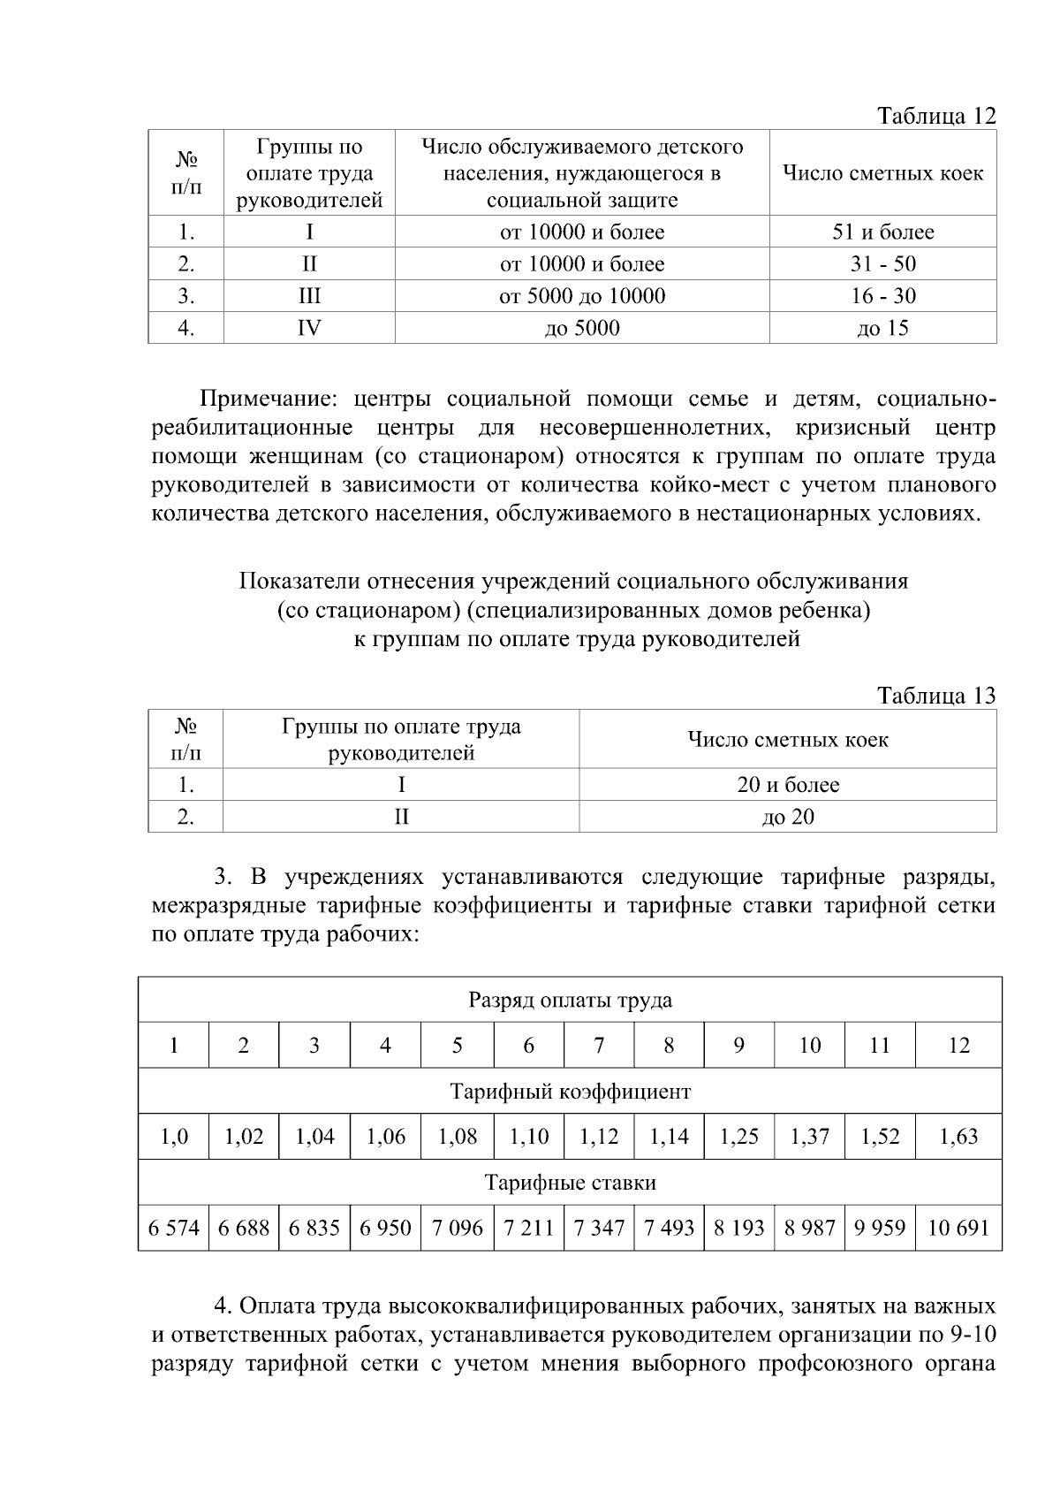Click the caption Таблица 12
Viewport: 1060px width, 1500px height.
[x=935, y=116]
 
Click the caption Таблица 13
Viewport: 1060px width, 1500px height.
[x=935, y=696]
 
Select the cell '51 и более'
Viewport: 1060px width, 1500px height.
[x=882, y=232]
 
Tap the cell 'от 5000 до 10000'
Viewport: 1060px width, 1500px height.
[x=582, y=296]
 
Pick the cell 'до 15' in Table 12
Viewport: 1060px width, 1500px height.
[x=882, y=329]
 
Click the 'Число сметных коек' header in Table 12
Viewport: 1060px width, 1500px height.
[x=882, y=173]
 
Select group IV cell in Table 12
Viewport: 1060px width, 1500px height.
[x=309, y=329]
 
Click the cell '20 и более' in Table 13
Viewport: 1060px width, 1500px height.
[x=788, y=785]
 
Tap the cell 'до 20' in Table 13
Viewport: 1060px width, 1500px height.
[x=788, y=817]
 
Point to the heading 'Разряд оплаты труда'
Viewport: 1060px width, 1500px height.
[x=570, y=1001]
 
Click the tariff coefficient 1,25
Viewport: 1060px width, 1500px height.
[x=738, y=1137]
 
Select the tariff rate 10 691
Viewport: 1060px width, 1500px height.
[x=958, y=1228]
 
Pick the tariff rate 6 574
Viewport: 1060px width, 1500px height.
[x=174, y=1228]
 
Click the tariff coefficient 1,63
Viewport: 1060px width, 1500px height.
[x=958, y=1137]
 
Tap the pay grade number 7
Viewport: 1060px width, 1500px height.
[x=598, y=1046]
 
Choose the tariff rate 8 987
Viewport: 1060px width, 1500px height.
[x=809, y=1228]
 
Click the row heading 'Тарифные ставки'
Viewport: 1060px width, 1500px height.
[x=570, y=1183]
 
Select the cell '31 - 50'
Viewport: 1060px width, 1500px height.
[x=882, y=264]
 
